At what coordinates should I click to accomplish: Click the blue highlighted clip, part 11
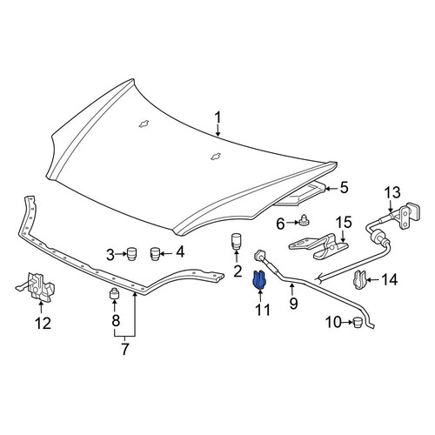259,280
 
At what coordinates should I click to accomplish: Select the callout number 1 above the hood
217,118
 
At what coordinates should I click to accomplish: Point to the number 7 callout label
124,350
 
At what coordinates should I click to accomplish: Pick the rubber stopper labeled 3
132,254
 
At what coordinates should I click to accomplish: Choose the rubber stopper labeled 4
155,254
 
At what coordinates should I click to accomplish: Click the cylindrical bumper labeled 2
237,241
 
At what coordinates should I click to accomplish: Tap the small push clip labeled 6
304,221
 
